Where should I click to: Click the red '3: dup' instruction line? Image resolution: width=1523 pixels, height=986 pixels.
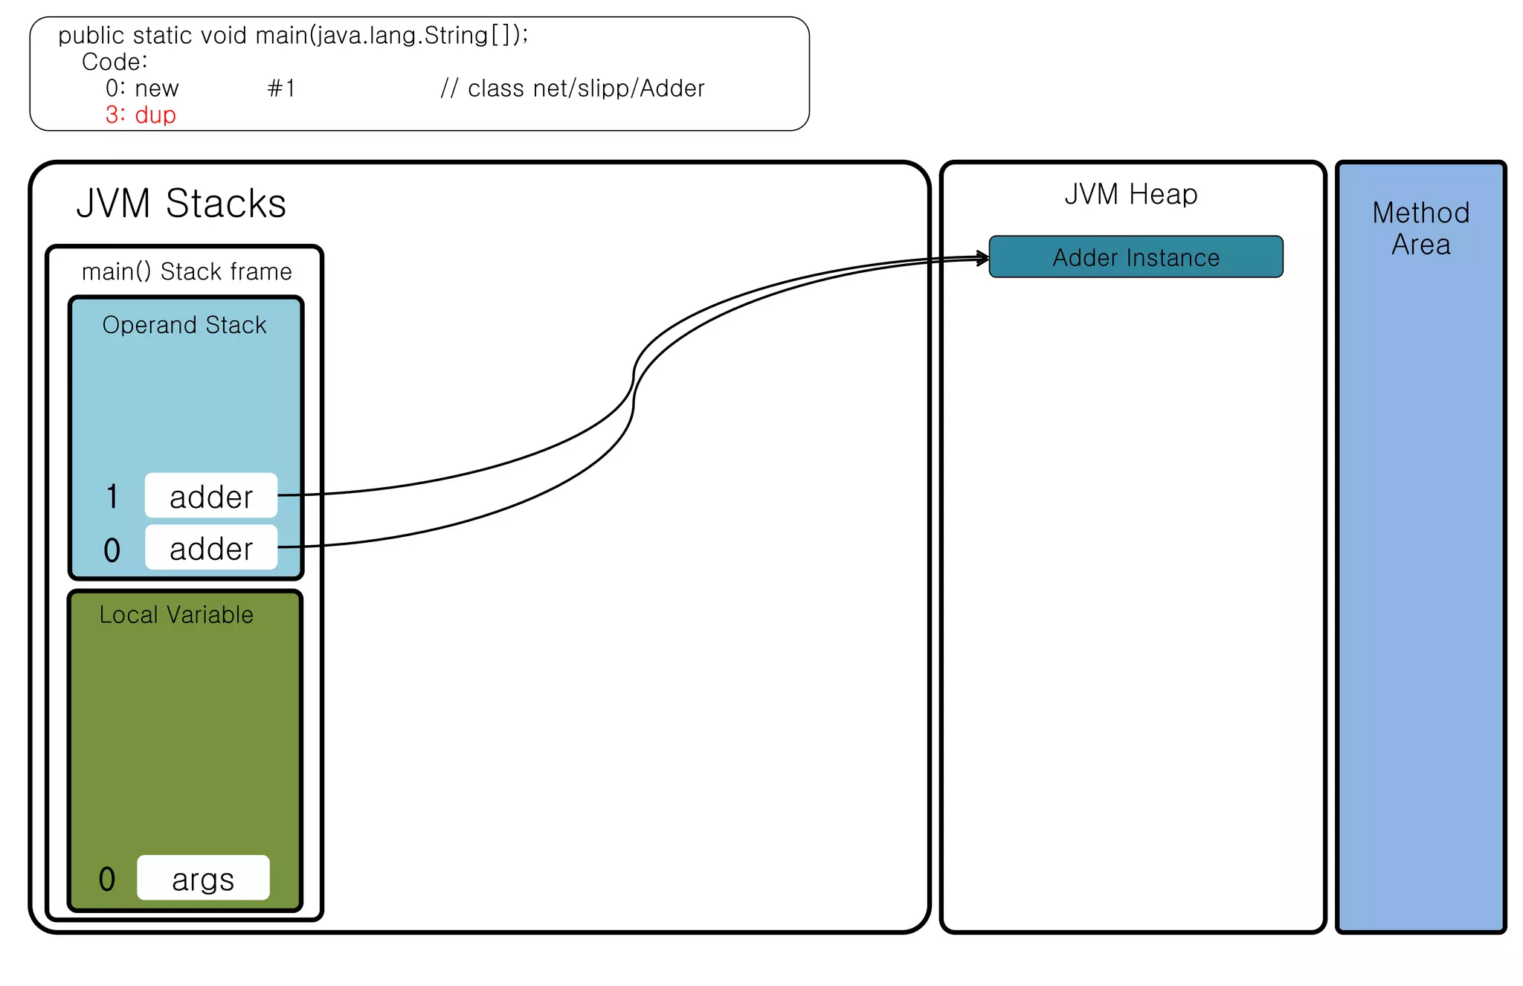click(141, 115)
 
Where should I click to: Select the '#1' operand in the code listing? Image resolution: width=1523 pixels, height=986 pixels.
click(281, 88)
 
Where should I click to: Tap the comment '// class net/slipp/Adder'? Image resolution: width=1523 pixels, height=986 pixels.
click(572, 88)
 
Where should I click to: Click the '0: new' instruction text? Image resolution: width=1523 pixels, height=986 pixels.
click(142, 88)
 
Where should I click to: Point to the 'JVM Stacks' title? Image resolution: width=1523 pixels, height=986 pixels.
click(181, 203)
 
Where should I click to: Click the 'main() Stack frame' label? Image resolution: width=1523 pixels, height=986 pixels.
click(187, 271)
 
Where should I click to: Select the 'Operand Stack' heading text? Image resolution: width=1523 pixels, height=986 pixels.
click(184, 325)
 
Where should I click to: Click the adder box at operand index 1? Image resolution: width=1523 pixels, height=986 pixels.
click(211, 496)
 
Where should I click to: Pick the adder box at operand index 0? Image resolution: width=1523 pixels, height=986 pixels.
click(211, 548)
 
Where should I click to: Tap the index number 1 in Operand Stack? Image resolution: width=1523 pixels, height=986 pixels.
click(112, 497)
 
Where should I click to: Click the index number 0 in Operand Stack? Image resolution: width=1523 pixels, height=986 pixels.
click(112, 550)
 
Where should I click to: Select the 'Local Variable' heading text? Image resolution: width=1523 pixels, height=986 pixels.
click(176, 615)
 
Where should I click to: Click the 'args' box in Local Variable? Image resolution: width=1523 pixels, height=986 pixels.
click(203, 878)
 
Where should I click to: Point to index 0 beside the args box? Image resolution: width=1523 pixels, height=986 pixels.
click(107, 879)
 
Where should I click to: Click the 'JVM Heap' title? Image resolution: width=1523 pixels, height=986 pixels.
click(1130, 194)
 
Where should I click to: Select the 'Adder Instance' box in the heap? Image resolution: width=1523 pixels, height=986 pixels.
click(1136, 257)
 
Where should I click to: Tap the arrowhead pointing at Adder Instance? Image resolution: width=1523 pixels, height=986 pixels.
click(984, 258)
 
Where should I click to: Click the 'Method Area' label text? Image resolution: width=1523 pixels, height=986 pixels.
click(1420, 228)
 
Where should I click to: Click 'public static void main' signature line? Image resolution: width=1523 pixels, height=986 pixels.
click(293, 35)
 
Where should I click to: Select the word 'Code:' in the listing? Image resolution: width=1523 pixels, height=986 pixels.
click(115, 62)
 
